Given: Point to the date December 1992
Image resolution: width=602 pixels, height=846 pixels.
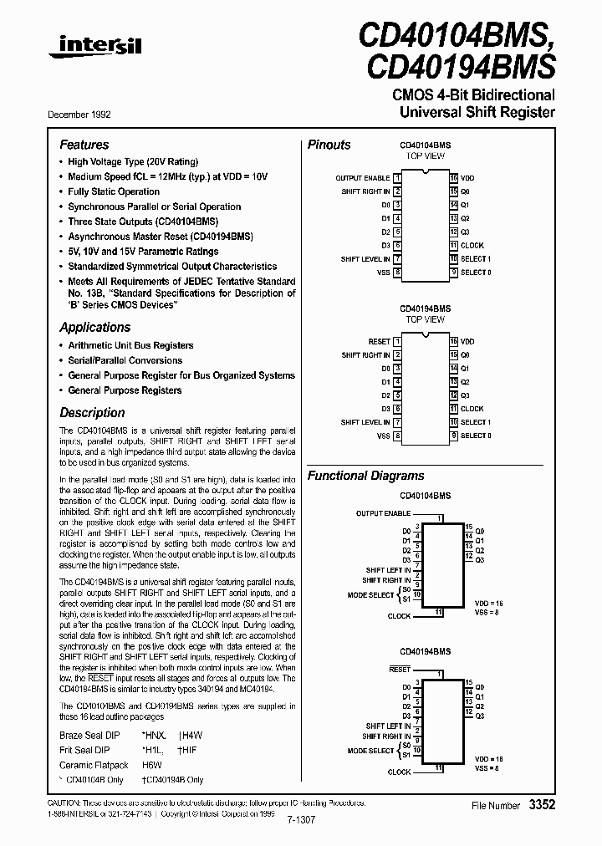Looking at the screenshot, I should pyautogui.click(x=85, y=114).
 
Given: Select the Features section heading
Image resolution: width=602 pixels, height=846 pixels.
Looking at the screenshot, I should pyautogui.click(x=84, y=145).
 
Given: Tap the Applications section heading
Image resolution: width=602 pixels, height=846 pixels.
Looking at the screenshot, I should pyautogui.click(x=94, y=327).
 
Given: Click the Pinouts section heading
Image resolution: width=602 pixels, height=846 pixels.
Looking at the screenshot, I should pyautogui.click(x=329, y=145).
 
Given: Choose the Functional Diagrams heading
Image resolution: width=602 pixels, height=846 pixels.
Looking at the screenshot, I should pyautogui.click(x=365, y=476).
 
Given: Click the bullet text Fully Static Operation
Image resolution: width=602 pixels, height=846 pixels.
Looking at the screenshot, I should pyautogui.click(x=114, y=191).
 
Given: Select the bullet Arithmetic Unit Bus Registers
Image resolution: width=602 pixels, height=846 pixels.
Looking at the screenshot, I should pyautogui.click(x=130, y=345).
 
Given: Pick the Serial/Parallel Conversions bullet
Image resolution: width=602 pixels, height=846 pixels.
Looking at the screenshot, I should pyautogui.click(x=125, y=360).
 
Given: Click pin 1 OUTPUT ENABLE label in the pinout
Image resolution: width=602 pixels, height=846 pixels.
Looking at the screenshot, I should pyautogui.click(x=362, y=178).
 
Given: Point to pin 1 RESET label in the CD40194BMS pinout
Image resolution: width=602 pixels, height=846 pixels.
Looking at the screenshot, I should pyautogui.click(x=379, y=342).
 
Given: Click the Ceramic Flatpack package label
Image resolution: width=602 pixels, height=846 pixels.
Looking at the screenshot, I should pyautogui.click(x=94, y=765).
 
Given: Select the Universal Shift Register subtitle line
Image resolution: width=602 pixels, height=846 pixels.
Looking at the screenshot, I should pyautogui.click(x=477, y=111).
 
